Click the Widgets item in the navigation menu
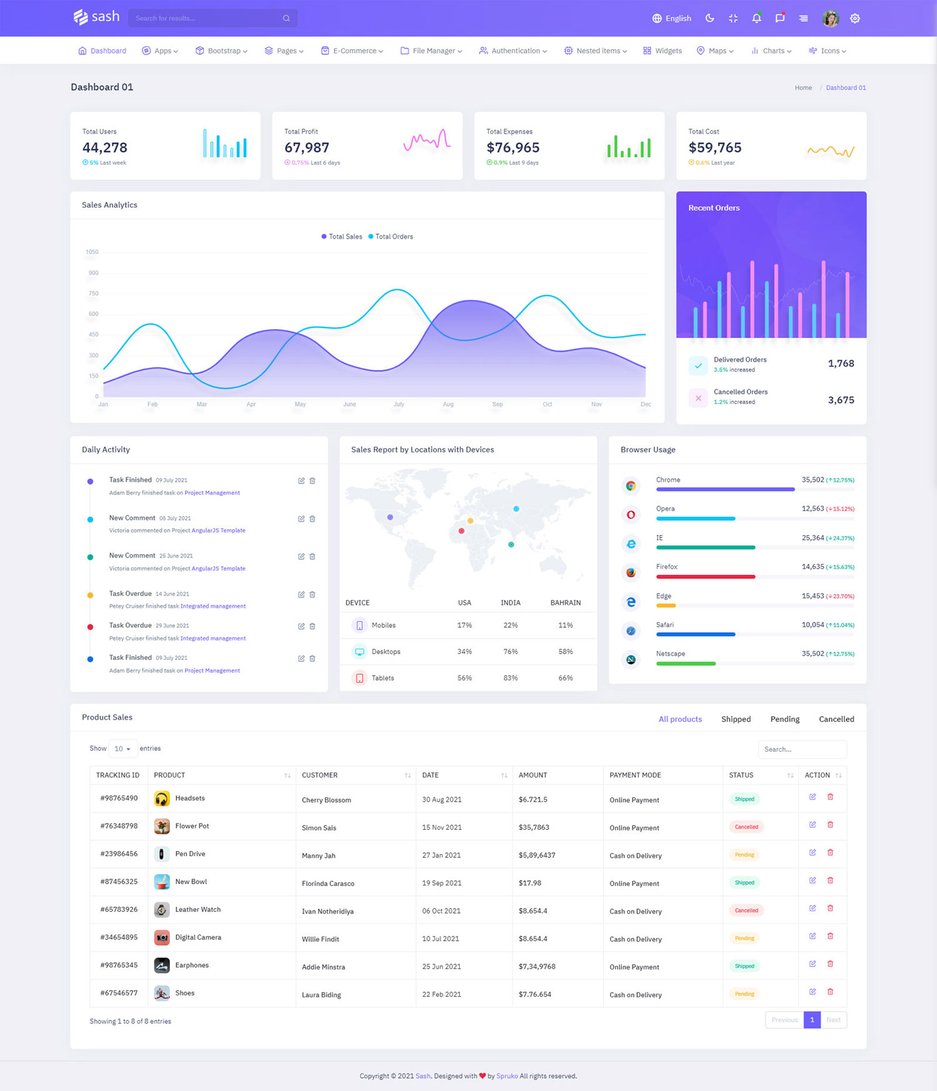(663, 51)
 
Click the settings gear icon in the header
(855, 19)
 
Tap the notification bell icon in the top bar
(756, 18)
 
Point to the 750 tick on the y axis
(93, 293)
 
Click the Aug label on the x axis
(448, 404)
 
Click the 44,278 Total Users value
(105, 147)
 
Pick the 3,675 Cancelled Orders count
(841, 400)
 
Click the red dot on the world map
(461, 531)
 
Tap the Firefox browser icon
(631, 572)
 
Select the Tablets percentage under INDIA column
(510, 678)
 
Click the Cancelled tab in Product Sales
(836, 719)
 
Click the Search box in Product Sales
(802, 749)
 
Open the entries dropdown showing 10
(122, 749)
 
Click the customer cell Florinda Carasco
(328, 884)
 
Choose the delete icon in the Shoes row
(830, 992)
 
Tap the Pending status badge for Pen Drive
(744, 855)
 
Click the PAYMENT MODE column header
(635, 775)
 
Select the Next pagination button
(833, 1020)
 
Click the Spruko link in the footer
(507, 1076)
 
